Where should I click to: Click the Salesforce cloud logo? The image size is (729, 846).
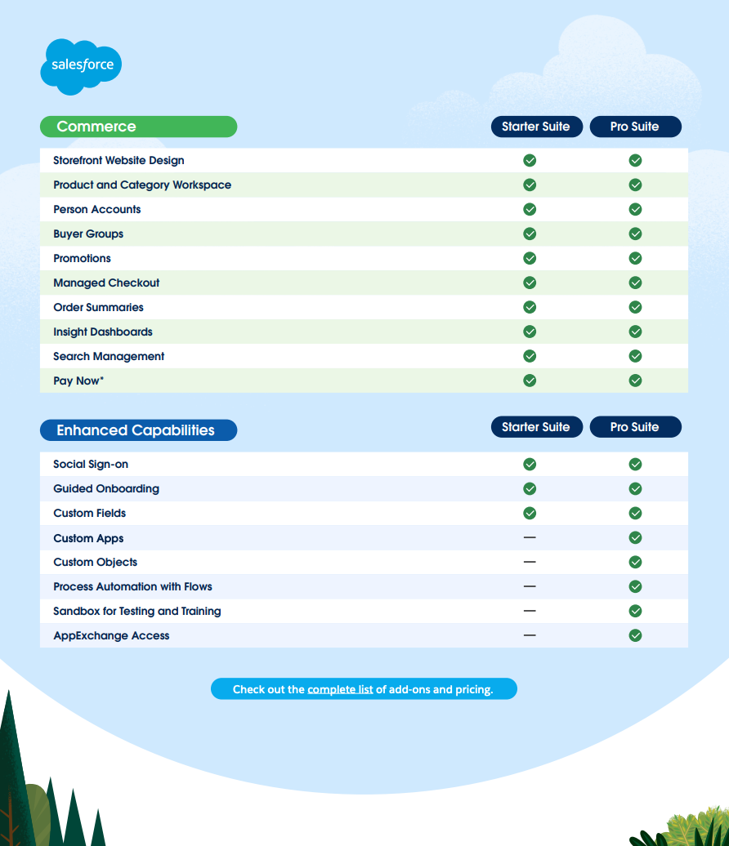point(81,66)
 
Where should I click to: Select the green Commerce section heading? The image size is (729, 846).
point(138,127)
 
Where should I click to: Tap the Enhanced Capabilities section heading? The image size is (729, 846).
point(138,430)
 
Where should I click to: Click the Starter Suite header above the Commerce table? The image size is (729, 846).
point(537,127)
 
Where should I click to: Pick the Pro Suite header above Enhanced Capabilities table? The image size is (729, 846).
point(636,427)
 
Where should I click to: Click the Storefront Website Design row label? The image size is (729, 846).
point(119,160)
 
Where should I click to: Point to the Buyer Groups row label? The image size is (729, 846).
point(88,234)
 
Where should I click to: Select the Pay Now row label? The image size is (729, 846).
point(78,381)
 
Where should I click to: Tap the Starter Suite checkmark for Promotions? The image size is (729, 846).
point(530,258)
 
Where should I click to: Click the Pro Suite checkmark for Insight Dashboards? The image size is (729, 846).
point(636,332)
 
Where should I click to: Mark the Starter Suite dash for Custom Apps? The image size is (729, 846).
point(530,537)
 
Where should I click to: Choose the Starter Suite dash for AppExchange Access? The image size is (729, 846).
point(530,635)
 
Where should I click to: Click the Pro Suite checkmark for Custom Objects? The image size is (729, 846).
point(636,562)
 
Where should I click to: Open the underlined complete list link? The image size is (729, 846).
point(340,689)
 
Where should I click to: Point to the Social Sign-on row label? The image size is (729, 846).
point(91,464)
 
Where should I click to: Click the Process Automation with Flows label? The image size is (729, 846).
point(133,586)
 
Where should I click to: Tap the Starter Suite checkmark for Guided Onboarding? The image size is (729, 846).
point(530,488)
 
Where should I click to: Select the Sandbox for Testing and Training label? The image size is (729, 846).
point(137,611)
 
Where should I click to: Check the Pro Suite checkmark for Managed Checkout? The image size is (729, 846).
point(636,283)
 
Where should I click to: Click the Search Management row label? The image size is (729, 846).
point(109,356)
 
